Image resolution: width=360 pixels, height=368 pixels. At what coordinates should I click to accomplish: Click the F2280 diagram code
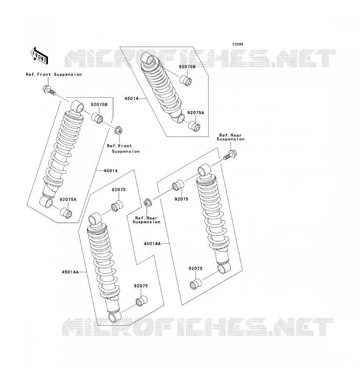point(238,44)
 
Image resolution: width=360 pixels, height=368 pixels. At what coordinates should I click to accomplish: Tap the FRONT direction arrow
point(39,56)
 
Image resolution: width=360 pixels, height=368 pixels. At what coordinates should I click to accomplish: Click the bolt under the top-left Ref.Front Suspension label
point(49,90)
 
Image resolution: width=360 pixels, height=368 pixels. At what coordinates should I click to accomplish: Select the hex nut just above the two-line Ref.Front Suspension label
point(118,130)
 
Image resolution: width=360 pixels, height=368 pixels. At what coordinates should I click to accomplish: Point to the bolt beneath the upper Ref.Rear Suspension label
point(231,155)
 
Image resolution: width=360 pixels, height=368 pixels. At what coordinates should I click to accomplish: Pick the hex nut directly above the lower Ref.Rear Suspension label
point(148,203)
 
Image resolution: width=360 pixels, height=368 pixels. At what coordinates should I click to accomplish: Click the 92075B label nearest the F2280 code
point(187,67)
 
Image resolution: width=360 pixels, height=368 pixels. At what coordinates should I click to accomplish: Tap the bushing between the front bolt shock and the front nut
point(97,118)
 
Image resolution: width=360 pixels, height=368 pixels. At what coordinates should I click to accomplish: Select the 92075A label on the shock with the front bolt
point(68,200)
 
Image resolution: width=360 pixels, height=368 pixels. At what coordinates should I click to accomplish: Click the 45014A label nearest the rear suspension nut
point(152,244)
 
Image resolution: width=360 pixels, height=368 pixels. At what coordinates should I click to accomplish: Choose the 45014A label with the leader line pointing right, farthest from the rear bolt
point(70,272)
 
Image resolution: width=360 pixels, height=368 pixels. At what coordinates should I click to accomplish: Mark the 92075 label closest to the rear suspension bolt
point(181,199)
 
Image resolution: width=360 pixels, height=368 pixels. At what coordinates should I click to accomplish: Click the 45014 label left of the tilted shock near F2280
point(132,98)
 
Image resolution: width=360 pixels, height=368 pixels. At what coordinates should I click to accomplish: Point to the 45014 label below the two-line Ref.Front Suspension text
point(110,171)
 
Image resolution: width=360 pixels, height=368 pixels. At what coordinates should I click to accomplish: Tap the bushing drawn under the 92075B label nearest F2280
point(186,80)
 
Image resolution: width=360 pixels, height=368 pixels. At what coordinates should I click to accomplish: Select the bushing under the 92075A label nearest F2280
point(194,126)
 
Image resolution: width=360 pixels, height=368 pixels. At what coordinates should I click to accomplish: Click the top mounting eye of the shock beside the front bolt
point(77,106)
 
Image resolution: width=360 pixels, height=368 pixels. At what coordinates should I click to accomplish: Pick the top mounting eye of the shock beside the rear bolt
point(204,170)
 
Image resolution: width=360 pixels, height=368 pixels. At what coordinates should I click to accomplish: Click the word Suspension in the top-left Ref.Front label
point(68,74)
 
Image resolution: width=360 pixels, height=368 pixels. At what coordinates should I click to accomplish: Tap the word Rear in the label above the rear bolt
point(236,135)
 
